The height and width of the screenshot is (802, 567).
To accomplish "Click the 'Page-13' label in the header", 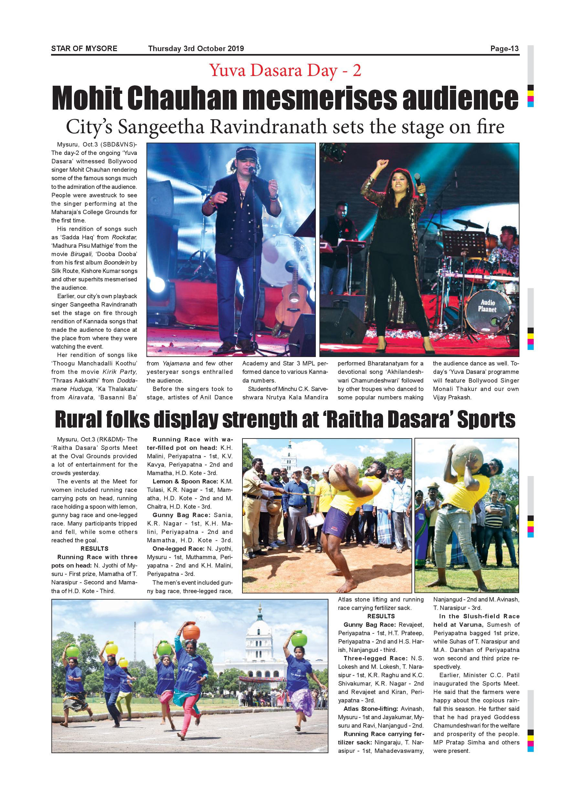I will click(505, 49).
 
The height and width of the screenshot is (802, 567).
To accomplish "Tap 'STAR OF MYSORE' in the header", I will click(84, 49).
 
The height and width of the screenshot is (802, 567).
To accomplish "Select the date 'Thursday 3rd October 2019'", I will click(196, 49).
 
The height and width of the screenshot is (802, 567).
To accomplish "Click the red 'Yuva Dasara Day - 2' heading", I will click(285, 71).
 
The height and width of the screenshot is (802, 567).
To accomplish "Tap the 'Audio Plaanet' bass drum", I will click(487, 310).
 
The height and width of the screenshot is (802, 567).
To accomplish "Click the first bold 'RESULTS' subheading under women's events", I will click(94, 549).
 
